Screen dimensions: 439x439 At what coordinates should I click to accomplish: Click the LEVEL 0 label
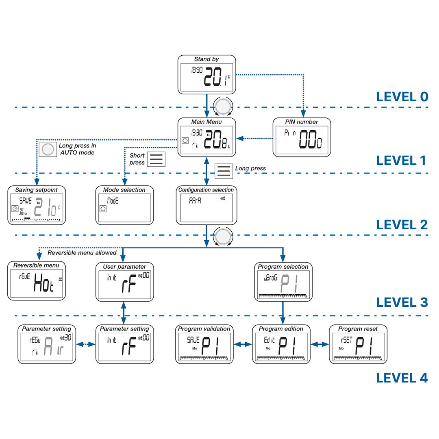pyautogui.click(x=402, y=97)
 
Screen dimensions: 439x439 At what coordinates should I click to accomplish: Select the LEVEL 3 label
pyautogui.click(x=402, y=302)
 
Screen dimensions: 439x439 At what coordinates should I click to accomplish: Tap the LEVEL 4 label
pyautogui.click(x=402, y=378)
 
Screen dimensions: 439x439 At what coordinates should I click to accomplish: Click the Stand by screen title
pyautogui.click(x=206, y=59)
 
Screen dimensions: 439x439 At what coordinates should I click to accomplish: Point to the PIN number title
pyautogui.click(x=302, y=122)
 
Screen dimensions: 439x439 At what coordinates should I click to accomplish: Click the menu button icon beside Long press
pyautogui.click(x=224, y=171)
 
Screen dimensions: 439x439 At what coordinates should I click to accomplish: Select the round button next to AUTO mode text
pyautogui.click(x=48, y=150)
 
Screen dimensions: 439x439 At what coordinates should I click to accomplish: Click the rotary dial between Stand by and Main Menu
pyautogui.click(x=223, y=106)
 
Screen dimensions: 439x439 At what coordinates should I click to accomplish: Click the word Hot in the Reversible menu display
pyautogui.click(x=44, y=281)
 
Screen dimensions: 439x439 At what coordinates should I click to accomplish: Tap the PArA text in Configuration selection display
pyautogui.click(x=195, y=200)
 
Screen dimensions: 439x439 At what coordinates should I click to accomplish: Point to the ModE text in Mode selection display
pyautogui.click(x=113, y=200)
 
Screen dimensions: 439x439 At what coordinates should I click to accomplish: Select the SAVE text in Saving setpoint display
pyautogui.click(x=25, y=200)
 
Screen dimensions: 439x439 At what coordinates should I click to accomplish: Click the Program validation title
pyautogui.click(x=204, y=329)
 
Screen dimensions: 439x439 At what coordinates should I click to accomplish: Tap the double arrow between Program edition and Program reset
pyautogui.click(x=319, y=344)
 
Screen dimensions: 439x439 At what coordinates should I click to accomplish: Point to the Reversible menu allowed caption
pyautogui.click(x=82, y=253)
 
